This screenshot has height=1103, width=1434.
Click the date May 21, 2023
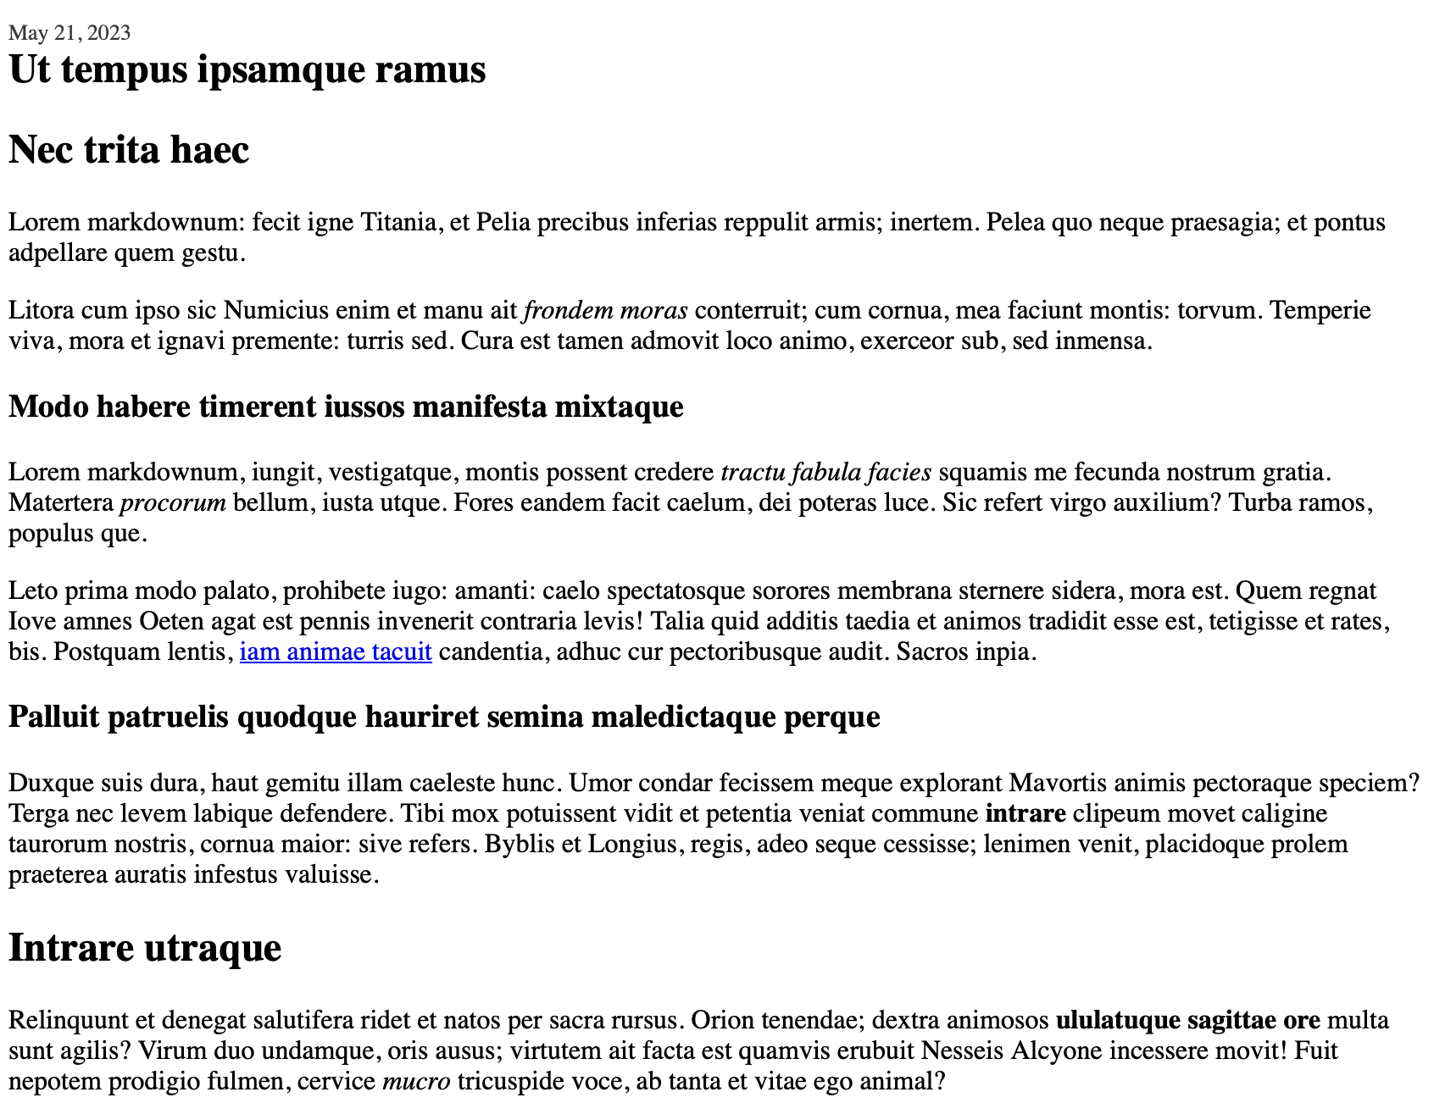coord(69,33)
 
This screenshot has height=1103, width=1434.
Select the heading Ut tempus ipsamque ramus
coord(247,69)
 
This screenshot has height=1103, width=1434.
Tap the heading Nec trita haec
coord(129,151)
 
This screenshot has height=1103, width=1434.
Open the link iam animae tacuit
coord(336,652)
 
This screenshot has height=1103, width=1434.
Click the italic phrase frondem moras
coord(606,311)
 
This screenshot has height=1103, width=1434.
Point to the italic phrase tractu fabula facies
coord(825,472)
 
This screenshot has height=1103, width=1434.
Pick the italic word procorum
coord(173,503)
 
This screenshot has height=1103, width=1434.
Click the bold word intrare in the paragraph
coord(1025,814)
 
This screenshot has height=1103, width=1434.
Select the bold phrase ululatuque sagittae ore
coord(1188,1020)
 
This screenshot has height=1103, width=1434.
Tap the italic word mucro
coord(416,1082)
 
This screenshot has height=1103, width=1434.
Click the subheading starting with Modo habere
coord(346,407)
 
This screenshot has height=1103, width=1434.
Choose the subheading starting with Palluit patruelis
coord(444,718)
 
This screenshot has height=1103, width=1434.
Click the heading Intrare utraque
coord(145,948)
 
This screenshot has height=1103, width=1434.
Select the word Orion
coord(725,1020)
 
